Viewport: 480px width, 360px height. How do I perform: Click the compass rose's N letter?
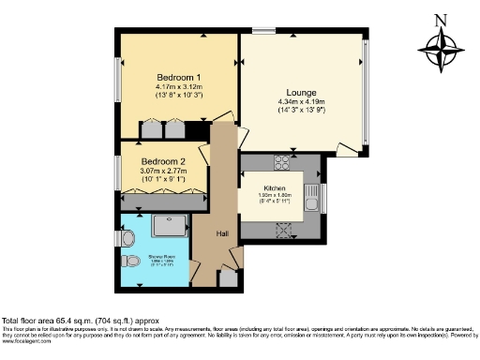[x=442, y=18]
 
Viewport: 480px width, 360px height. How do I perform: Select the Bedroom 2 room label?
[x=162, y=161]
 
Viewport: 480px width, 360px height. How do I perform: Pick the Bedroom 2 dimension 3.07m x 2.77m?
[x=162, y=172]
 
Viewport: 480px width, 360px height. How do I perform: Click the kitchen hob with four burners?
[x=281, y=160]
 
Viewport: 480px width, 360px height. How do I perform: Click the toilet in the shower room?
[x=131, y=260]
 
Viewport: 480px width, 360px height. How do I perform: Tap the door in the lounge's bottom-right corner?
[x=347, y=148]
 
